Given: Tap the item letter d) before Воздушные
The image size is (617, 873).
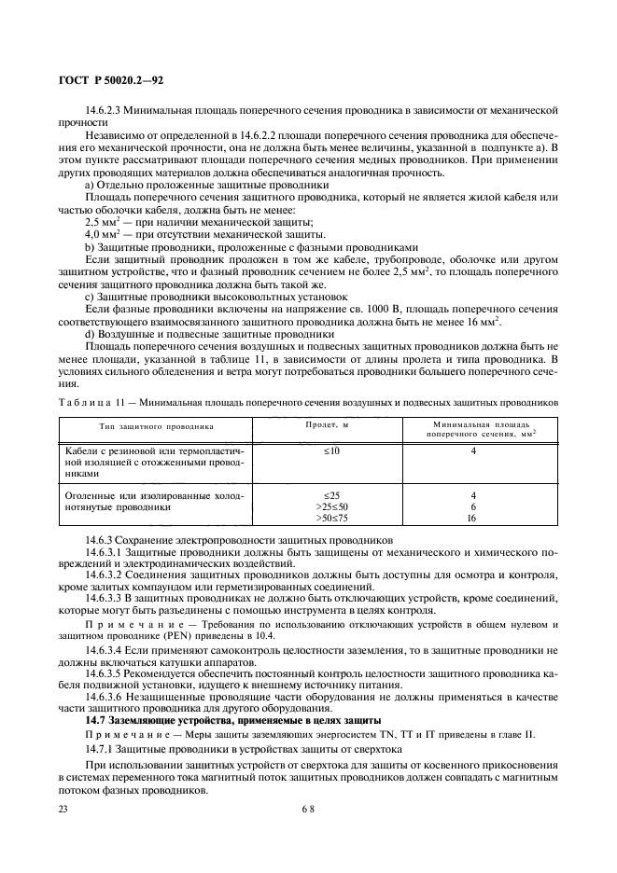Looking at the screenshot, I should click(x=90, y=332).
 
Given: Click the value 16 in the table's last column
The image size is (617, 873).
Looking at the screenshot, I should click(x=472, y=518).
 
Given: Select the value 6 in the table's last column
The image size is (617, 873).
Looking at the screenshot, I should click(x=472, y=506).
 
